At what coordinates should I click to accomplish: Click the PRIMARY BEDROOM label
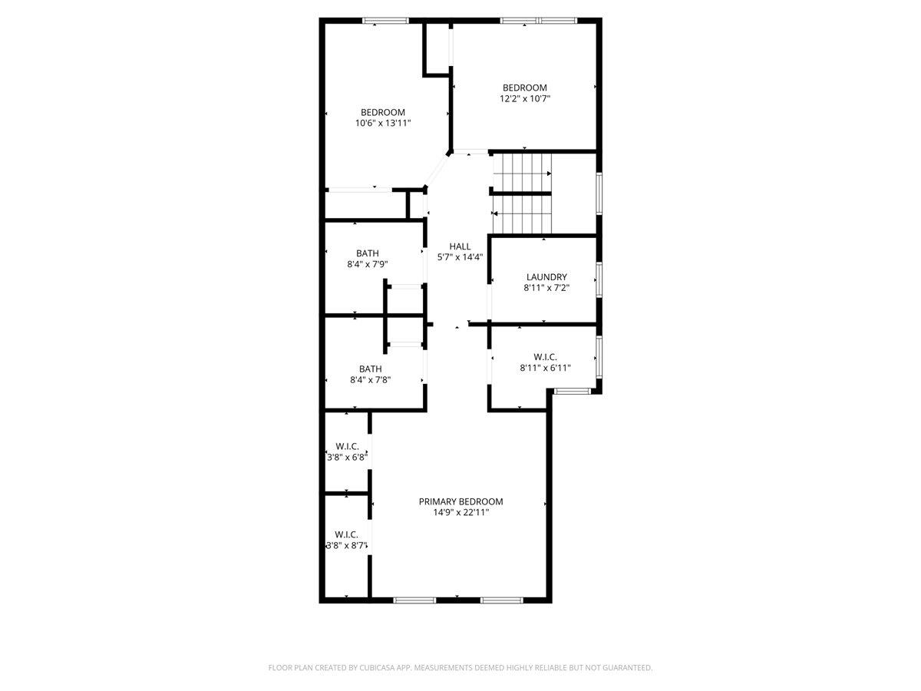[460, 501]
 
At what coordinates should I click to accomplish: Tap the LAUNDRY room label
[546, 277]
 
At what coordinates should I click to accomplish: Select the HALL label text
[460, 246]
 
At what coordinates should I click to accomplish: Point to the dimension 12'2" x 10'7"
[525, 98]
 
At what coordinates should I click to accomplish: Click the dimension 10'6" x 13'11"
[383, 123]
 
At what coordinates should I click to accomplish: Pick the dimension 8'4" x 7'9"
[368, 264]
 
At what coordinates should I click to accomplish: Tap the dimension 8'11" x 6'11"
[545, 368]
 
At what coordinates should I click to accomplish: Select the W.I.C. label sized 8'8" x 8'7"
[347, 534]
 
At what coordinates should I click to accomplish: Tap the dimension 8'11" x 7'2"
[546, 288]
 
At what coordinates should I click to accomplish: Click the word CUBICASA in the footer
[375, 668]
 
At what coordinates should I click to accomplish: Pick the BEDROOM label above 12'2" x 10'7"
[525, 88]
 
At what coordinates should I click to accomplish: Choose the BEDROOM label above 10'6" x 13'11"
[383, 112]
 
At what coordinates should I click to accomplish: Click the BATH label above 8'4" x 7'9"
[368, 253]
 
